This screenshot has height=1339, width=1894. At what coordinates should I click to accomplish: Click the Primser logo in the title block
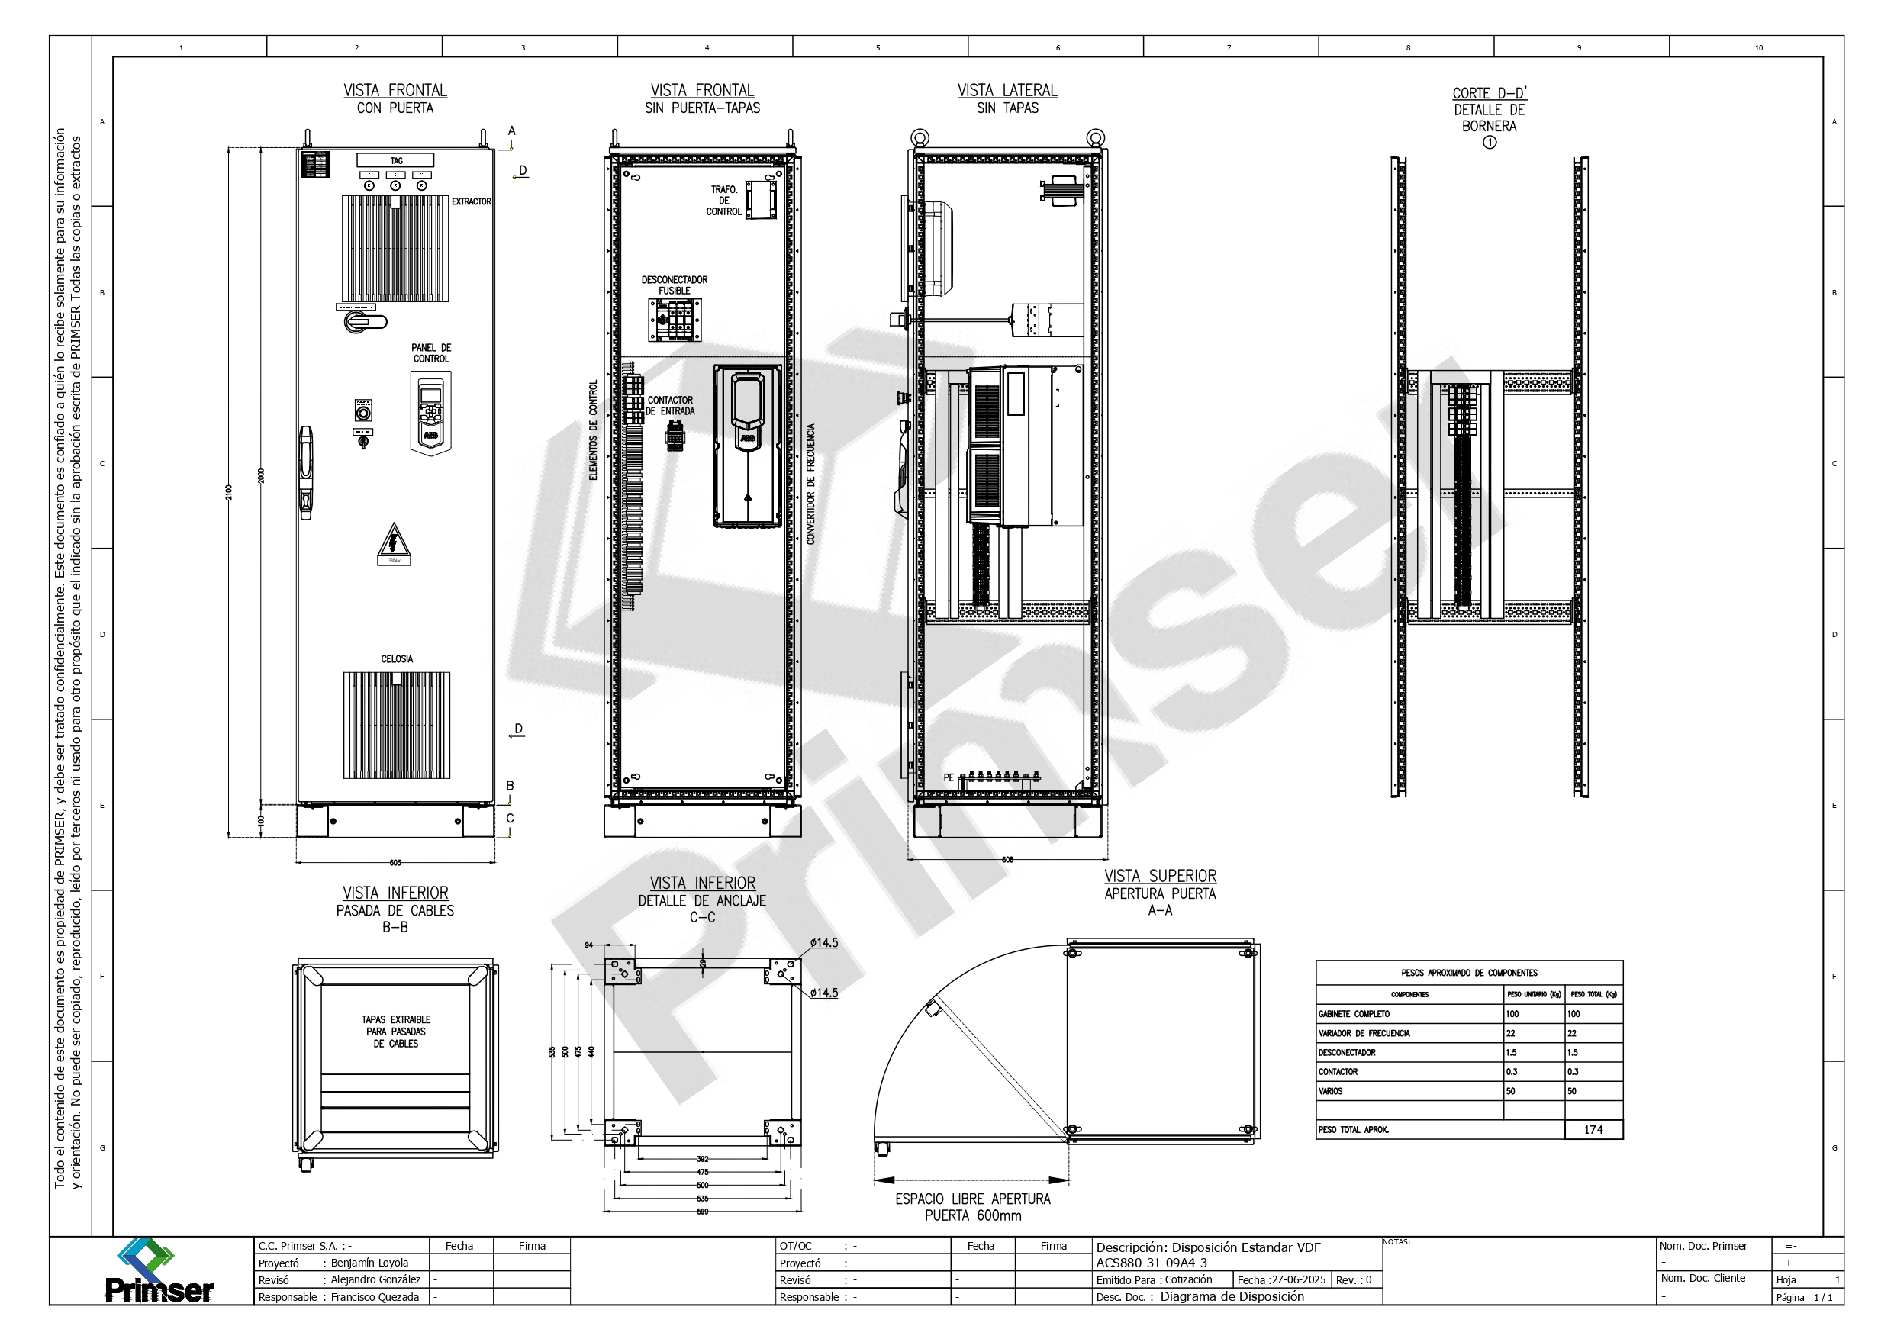(x=159, y=1271)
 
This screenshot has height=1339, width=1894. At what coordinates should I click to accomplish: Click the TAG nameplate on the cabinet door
(x=396, y=161)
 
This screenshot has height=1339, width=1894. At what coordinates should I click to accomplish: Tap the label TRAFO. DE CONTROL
(x=723, y=201)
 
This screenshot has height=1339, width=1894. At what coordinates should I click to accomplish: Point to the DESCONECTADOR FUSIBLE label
(x=674, y=285)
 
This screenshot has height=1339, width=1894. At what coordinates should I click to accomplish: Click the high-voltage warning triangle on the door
(x=395, y=544)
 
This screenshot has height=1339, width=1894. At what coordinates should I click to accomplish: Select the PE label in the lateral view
(x=949, y=777)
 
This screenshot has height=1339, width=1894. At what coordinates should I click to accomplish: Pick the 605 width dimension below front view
(x=395, y=862)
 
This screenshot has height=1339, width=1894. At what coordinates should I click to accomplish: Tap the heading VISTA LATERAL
(x=1007, y=91)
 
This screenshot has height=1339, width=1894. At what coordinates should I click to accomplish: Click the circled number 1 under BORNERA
(x=1489, y=142)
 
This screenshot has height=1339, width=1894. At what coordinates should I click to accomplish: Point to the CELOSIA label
(x=397, y=658)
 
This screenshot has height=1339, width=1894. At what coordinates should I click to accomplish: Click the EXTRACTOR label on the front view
(x=471, y=201)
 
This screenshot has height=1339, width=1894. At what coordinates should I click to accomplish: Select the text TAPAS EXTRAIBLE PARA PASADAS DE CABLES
(x=396, y=1032)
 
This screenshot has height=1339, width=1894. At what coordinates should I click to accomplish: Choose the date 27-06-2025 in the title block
(x=1291, y=1279)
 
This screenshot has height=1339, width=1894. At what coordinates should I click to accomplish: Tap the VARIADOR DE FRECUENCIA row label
(x=1364, y=1033)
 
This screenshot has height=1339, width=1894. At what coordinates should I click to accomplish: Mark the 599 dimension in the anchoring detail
(x=702, y=1211)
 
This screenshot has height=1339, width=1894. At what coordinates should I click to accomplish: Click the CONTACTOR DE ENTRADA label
(x=671, y=405)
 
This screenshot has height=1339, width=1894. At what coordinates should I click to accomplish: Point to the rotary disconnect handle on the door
(x=363, y=321)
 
